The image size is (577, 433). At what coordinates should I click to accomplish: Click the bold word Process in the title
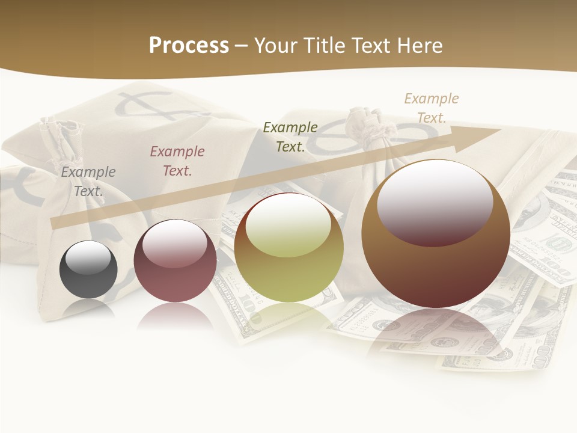point(189,46)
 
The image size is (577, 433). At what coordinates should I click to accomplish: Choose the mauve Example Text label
point(177,161)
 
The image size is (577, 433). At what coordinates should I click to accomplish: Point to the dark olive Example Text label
point(290,137)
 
